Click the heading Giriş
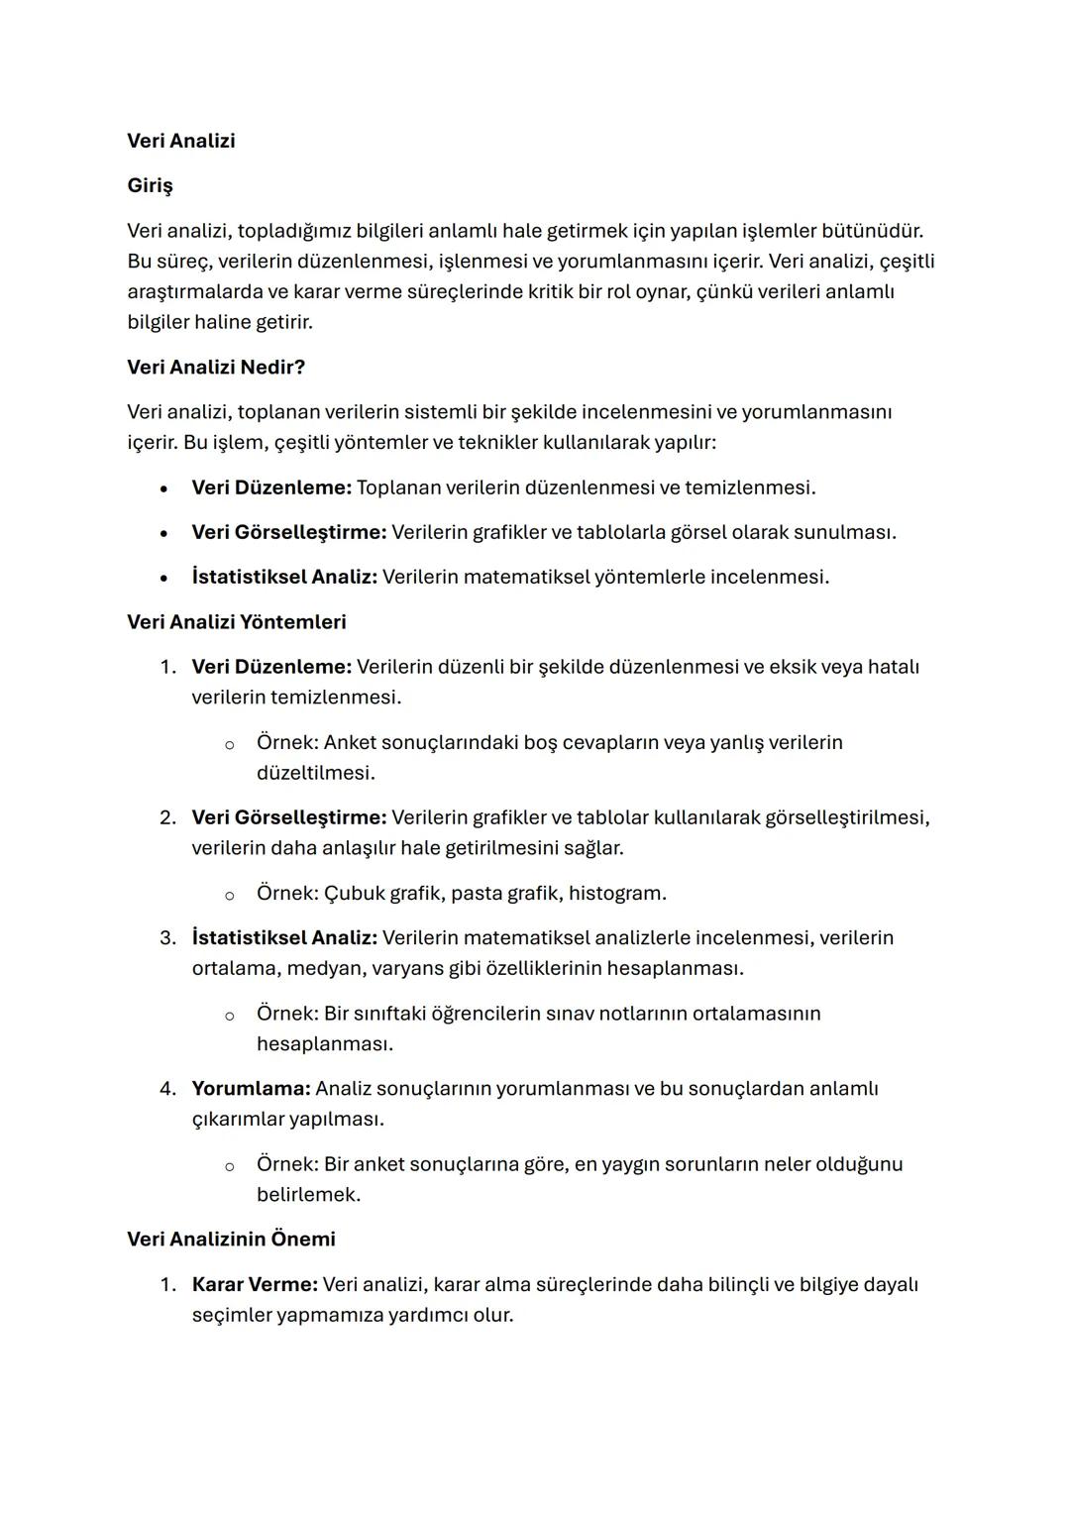[x=150, y=185]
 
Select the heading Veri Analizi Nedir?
[x=216, y=367]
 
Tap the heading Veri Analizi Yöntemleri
[x=237, y=621]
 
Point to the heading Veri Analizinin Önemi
[x=231, y=1239]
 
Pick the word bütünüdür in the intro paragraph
[x=872, y=231]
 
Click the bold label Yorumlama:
[x=251, y=1088]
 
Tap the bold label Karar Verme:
[x=255, y=1284]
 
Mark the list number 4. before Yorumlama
[x=167, y=1088]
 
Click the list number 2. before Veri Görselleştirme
[x=167, y=817]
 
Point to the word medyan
[x=324, y=967]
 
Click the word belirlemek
[x=308, y=1194]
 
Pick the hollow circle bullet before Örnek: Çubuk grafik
[x=229, y=895]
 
